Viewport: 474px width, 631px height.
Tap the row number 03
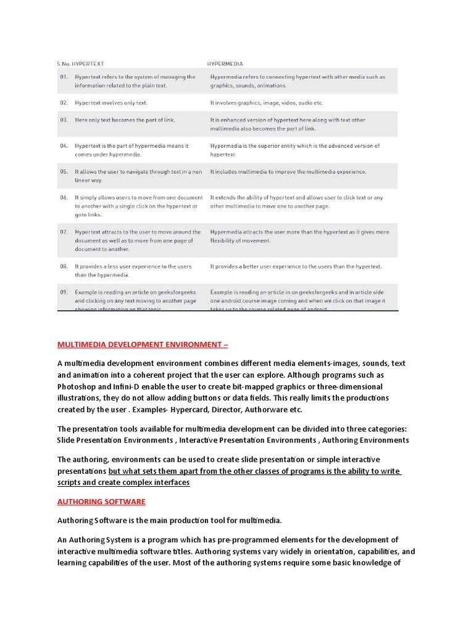(x=64, y=120)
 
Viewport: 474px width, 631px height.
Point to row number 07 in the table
(x=64, y=232)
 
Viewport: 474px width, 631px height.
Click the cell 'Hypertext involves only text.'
(x=111, y=103)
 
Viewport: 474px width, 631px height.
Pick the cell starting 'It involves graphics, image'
(x=266, y=103)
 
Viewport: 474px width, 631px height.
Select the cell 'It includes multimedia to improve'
(x=288, y=171)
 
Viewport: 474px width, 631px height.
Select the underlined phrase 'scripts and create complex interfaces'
(x=123, y=482)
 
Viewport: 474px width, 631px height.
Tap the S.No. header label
(x=64, y=63)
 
